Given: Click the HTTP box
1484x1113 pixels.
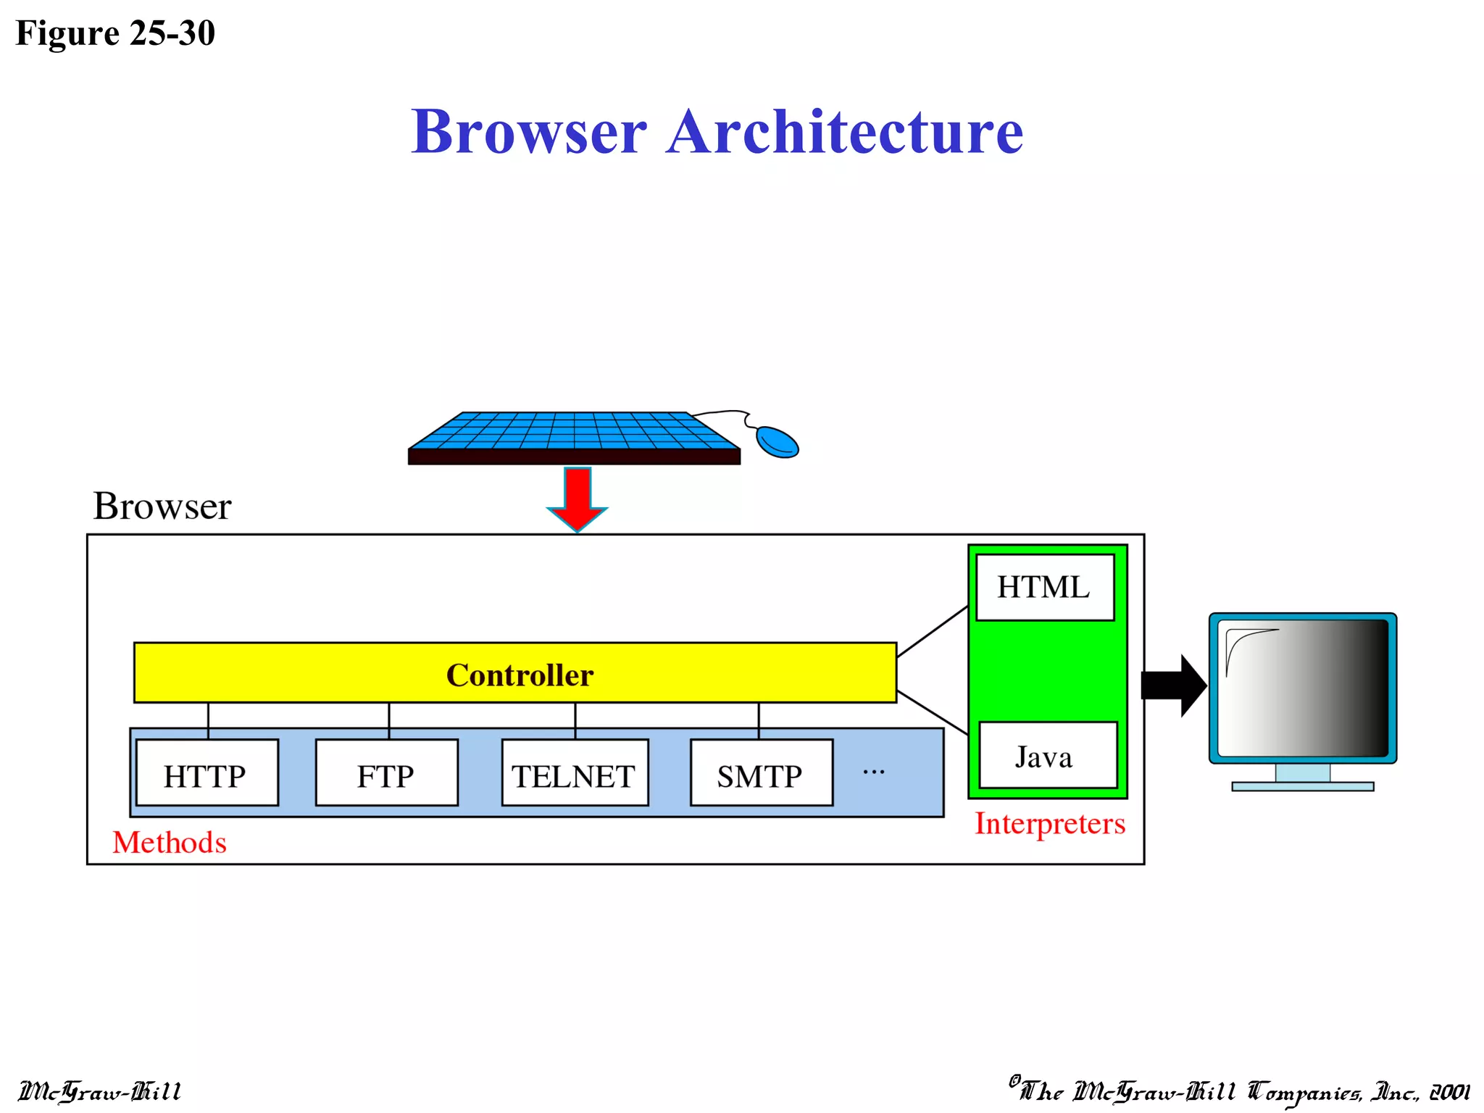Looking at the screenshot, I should click(x=207, y=772).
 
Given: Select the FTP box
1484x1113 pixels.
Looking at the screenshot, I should click(x=386, y=772).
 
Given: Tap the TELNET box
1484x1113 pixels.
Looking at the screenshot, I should click(x=575, y=772).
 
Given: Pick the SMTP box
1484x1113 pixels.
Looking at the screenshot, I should click(x=761, y=772).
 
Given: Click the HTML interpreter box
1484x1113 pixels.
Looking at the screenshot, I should click(x=1044, y=587).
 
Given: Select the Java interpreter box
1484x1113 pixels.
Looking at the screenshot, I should click(x=1047, y=755).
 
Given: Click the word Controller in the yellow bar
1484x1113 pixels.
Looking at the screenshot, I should click(x=520, y=675).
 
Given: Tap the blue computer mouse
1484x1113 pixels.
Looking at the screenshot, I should click(x=777, y=441).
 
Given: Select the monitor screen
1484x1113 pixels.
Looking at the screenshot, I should click(x=1302, y=688).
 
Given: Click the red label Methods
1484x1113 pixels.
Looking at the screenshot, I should click(x=170, y=842).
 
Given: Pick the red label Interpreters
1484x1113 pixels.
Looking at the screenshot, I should click(x=1049, y=824).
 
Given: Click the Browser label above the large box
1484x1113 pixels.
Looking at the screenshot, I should click(x=162, y=506).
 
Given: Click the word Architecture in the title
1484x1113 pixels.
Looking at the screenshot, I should click(x=844, y=132).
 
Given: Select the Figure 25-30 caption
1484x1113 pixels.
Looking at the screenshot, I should click(x=115, y=33).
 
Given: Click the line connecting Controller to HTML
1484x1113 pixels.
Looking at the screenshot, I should click(x=933, y=631).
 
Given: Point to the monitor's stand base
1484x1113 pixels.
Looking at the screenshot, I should click(x=1302, y=786).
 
